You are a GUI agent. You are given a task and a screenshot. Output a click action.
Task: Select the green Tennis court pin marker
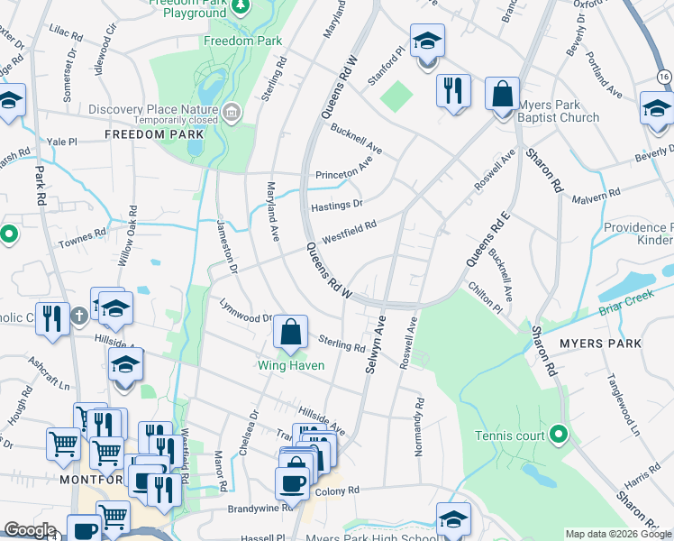(x=558, y=436)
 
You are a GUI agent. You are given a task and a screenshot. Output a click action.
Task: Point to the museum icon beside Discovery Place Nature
(x=232, y=112)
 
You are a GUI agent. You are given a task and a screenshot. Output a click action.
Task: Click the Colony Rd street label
(x=337, y=491)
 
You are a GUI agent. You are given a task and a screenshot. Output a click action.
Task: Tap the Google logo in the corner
(x=30, y=530)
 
